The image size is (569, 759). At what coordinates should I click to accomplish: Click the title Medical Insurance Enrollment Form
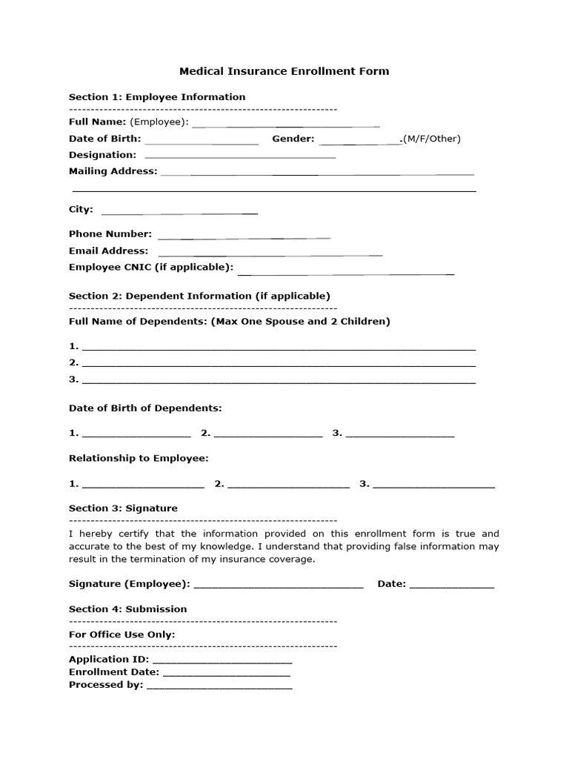click(x=284, y=71)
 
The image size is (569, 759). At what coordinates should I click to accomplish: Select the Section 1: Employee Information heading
click(x=157, y=97)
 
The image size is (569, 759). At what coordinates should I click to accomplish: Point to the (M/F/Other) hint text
click(x=431, y=139)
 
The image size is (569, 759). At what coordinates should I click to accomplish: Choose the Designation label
click(x=102, y=155)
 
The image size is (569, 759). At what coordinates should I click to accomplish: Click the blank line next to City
click(x=179, y=211)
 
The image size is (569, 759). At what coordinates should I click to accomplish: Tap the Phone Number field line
click(x=244, y=236)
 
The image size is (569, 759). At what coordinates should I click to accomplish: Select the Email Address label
click(x=108, y=251)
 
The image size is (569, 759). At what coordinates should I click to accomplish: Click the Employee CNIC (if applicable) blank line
click(x=345, y=271)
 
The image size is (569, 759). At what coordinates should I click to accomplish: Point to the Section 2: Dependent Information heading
click(x=199, y=296)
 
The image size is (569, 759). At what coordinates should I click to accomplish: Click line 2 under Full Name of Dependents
click(x=279, y=364)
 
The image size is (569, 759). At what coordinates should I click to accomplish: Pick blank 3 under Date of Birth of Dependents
click(x=400, y=435)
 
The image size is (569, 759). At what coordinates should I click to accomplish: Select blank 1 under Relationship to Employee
click(x=143, y=485)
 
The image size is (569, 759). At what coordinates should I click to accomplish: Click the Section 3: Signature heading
click(x=123, y=508)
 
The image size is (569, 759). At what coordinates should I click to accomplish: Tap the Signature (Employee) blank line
click(x=279, y=586)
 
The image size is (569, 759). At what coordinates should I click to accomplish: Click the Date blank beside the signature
click(x=452, y=586)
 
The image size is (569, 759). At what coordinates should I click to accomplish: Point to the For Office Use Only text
click(x=122, y=634)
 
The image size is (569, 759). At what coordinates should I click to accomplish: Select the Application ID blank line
click(x=222, y=661)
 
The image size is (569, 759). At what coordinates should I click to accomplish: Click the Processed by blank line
click(x=219, y=687)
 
